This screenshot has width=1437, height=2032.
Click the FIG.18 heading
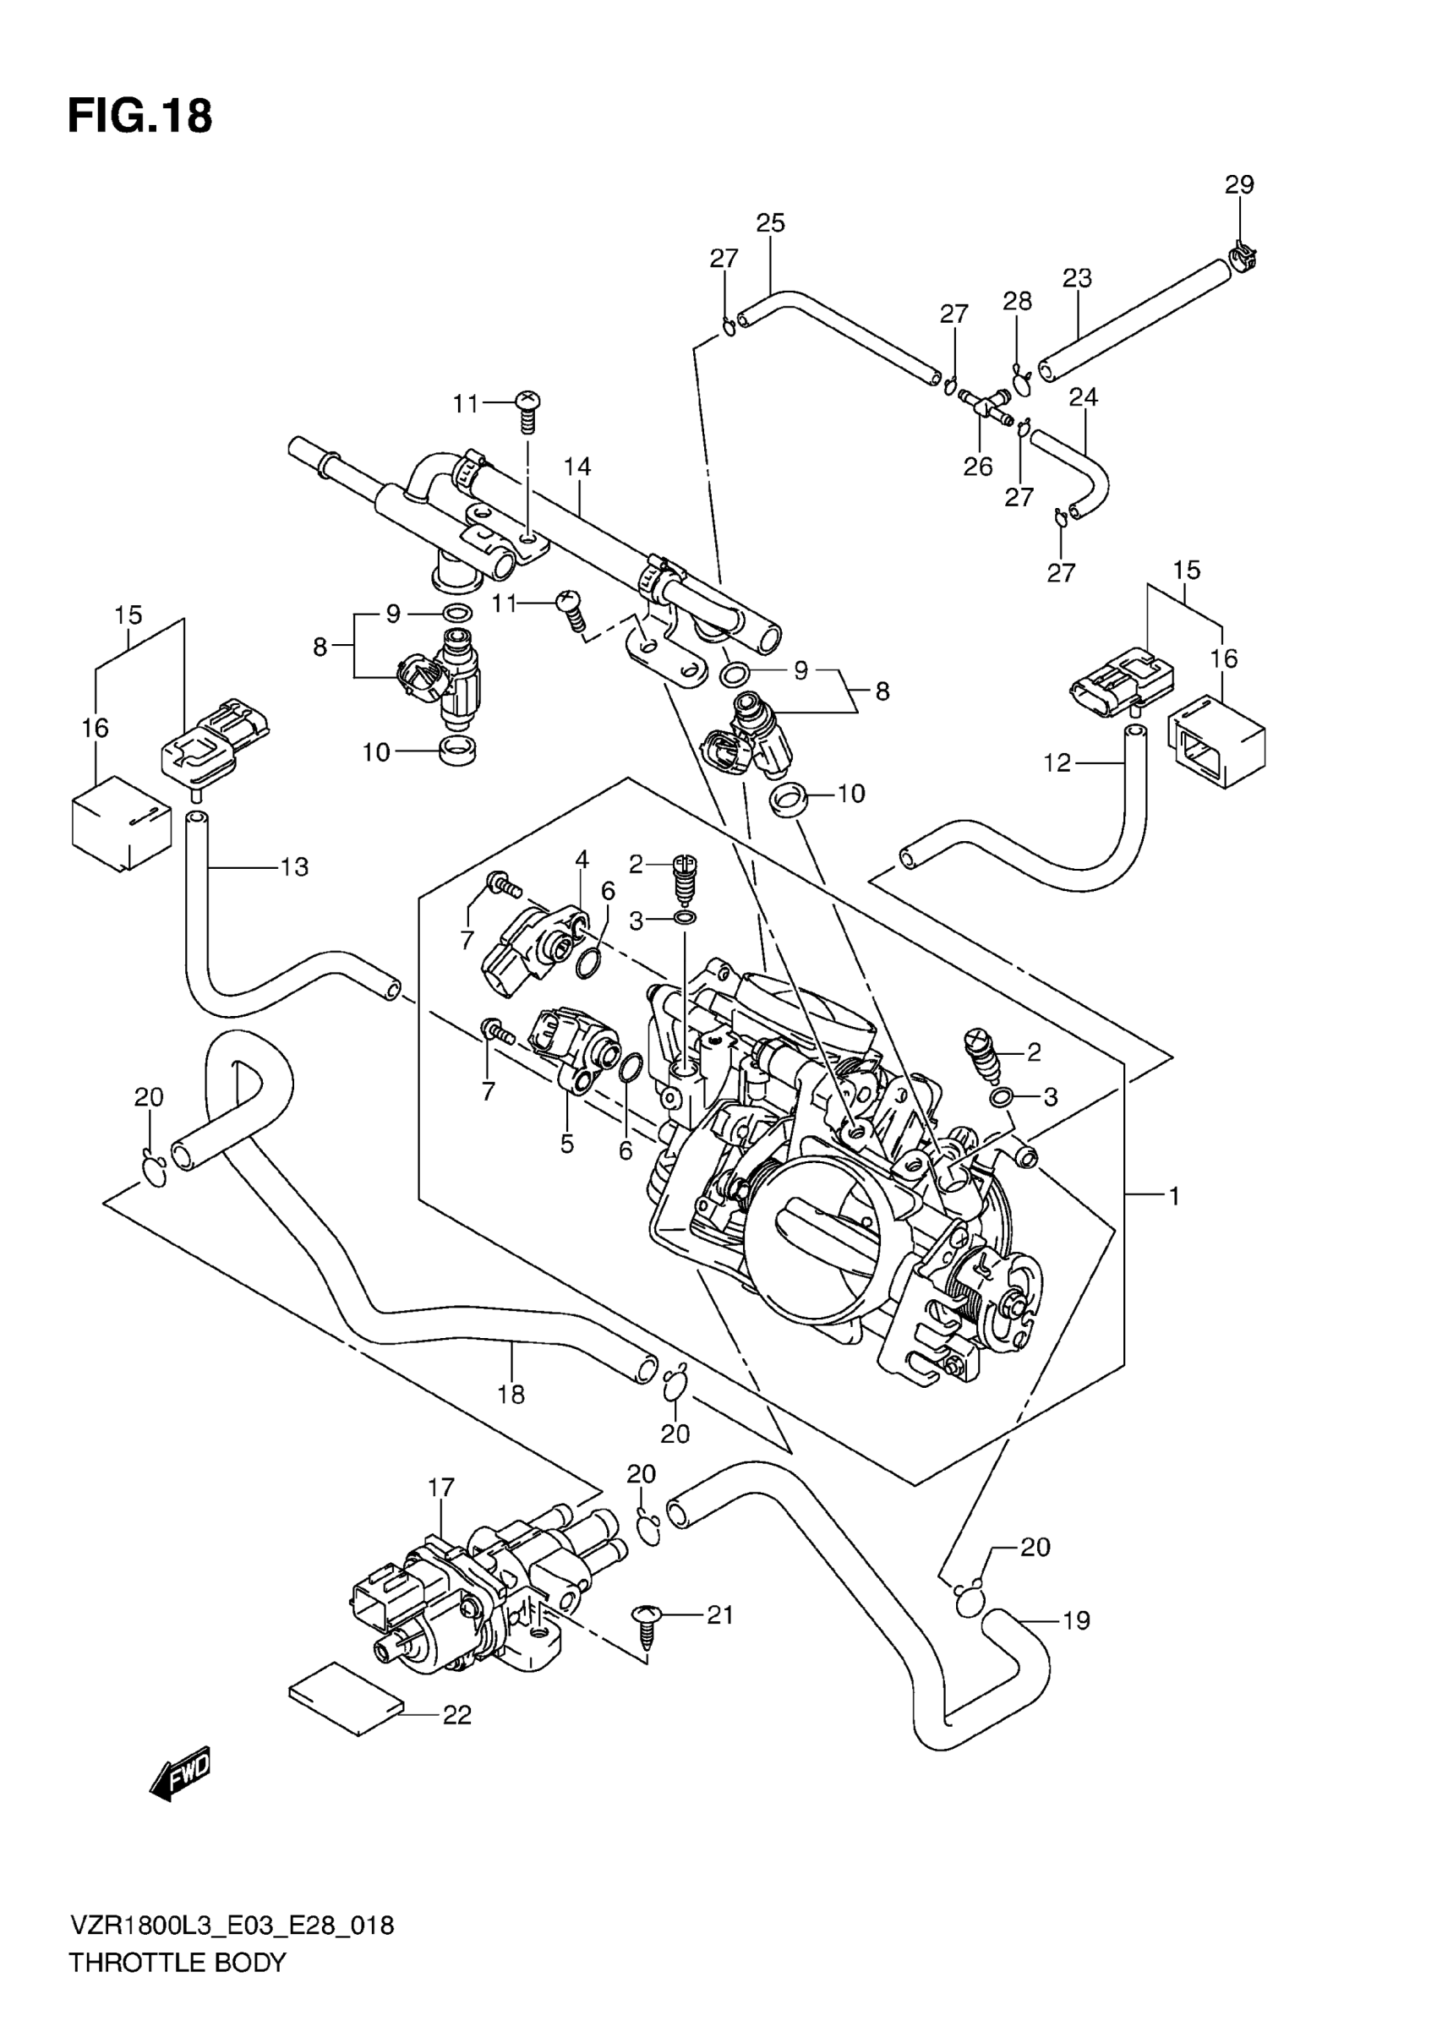pos(139,117)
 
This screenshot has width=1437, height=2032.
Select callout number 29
pos(1239,185)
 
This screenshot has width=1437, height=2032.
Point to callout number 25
pos(770,223)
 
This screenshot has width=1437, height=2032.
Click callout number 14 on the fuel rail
pos(577,467)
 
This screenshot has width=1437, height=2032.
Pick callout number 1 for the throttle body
pos(1174,1197)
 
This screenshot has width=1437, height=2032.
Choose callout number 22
pos(456,1715)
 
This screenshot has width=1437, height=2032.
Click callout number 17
pos(440,1488)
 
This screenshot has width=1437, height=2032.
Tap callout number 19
pos(1075,1620)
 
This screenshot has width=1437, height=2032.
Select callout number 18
pos(511,1395)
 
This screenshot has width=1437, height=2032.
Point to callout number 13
pos(294,867)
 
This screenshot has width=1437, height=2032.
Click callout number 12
pos(1057,762)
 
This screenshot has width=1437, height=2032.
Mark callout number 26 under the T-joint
pos(978,467)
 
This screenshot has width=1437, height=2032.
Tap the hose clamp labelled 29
pos(1243,257)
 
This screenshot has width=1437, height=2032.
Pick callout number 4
pos(582,859)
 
